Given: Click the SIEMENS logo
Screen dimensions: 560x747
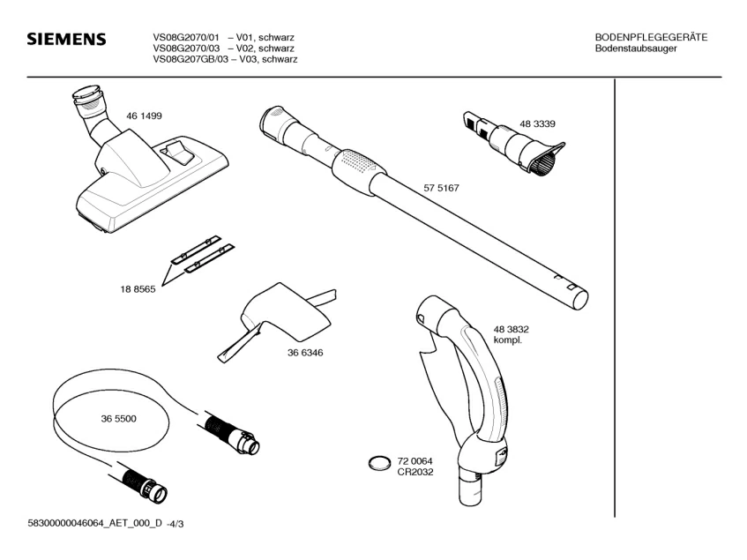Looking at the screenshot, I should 66,41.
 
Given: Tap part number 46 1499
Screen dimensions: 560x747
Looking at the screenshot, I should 144,116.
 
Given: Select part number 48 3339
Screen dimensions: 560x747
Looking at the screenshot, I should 536,123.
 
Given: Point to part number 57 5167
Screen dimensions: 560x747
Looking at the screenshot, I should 442,188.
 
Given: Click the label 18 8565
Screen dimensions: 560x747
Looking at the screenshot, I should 138,289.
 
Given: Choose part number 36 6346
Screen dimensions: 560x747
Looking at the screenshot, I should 304,352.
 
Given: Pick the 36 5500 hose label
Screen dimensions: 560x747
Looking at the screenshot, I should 118,419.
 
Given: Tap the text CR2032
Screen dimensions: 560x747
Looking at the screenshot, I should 415,472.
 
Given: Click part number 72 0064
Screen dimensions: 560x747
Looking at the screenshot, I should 415,461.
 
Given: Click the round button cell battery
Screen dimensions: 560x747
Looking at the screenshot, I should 379,463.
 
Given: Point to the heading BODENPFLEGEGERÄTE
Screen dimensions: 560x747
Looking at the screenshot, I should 651,37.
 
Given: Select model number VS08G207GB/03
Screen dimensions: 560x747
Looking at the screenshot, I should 191,59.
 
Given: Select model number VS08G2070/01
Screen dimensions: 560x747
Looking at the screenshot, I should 186,37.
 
